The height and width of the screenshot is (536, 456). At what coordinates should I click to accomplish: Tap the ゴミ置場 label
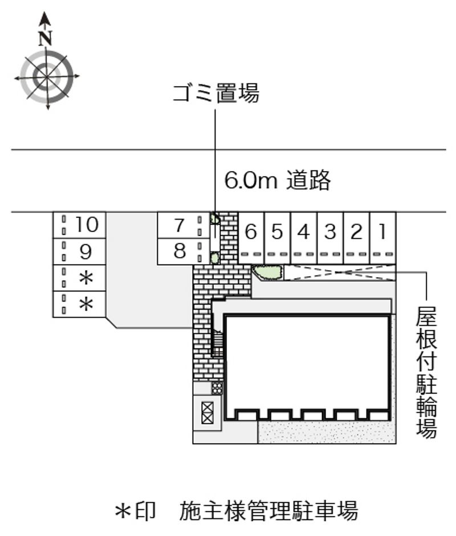click(x=216, y=92)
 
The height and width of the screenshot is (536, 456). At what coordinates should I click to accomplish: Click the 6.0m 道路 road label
click(x=278, y=180)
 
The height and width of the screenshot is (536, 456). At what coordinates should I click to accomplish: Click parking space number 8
click(x=180, y=251)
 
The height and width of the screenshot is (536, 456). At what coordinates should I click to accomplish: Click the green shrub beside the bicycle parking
click(x=267, y=273)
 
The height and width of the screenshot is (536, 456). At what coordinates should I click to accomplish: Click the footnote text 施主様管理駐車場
click(x=268, y=510)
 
